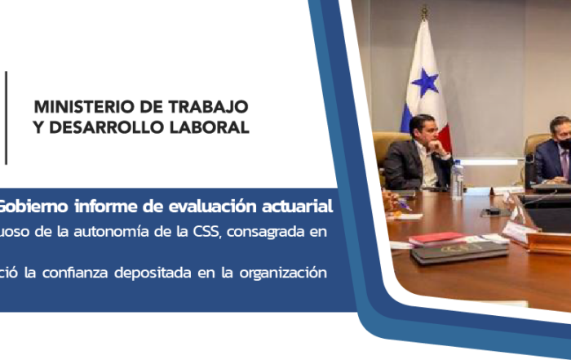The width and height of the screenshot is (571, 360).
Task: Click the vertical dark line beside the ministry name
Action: pyautogui.click(x=6, y=118)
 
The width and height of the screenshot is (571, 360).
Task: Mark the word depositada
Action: pyautogui.click(x=153, y=273)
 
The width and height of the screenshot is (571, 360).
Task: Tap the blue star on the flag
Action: pyautogui.click(x=425, y=82)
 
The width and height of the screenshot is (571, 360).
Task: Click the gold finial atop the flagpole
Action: pyautogui.click(x=424, y=12)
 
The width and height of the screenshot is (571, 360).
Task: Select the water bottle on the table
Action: pyautogui.click(x=458, y=180)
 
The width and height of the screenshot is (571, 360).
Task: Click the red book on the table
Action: pyautogui.click(x=437, y=238)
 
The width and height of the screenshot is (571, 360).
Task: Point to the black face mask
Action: pyautogui.click(x=565, y=144)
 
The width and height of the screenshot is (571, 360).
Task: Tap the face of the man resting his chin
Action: pyautogui.click(x=425, y=132)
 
